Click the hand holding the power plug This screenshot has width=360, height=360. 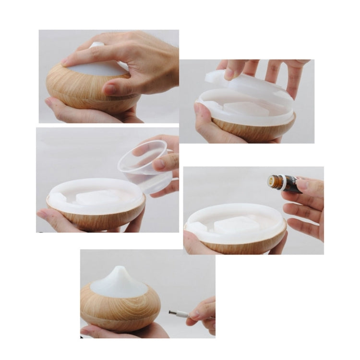(204, 312)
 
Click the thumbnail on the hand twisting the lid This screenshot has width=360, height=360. (110, 89)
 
